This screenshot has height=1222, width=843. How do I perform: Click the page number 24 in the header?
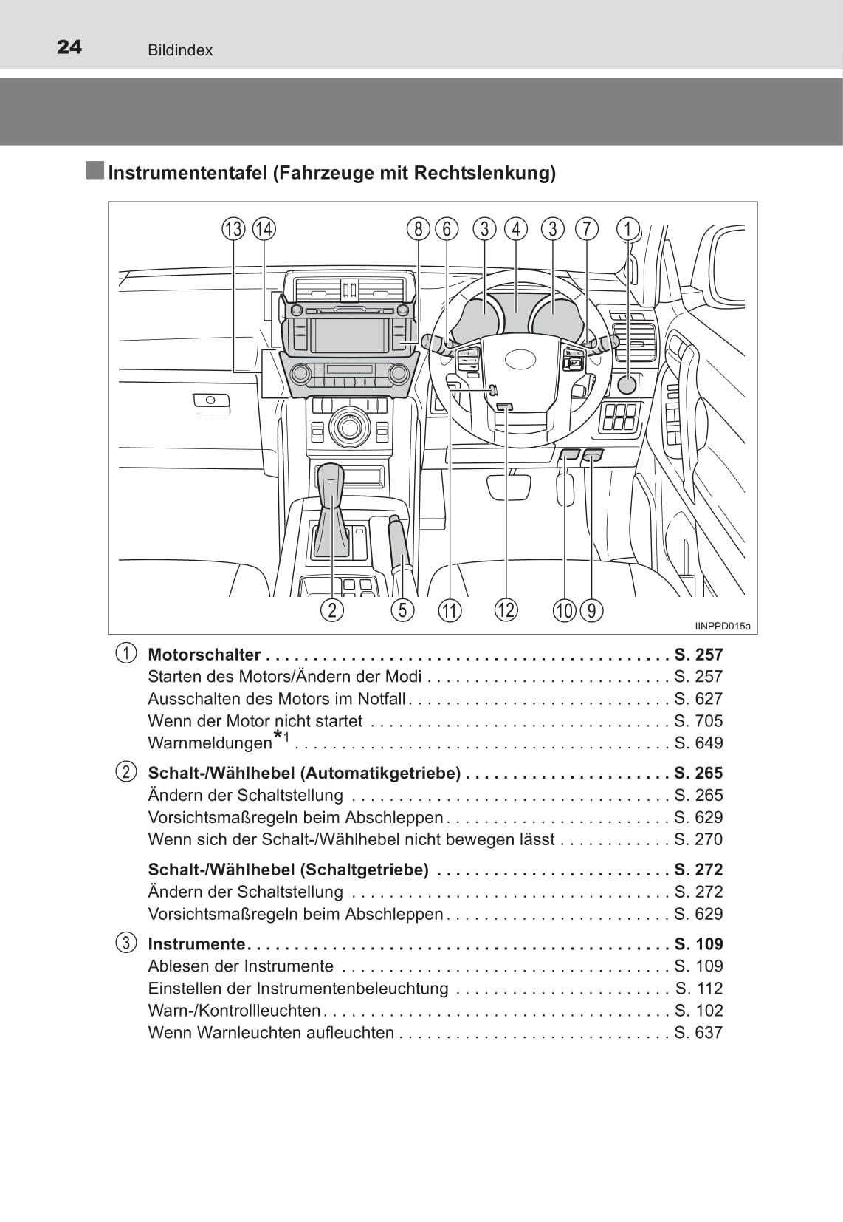point(69,47)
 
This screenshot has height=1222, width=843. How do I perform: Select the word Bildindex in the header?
point(180,50)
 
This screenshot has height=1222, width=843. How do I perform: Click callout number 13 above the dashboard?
point(234,229)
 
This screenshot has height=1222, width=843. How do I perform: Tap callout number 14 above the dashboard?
point(264,229)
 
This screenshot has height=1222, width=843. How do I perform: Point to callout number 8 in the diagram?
point(418,229)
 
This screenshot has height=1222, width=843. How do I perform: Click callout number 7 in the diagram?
point(587,229)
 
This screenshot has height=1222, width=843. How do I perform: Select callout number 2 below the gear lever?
point(332,610)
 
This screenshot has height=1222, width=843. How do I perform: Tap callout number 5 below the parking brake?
point(403,610)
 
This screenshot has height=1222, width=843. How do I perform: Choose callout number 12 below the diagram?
point(506,610)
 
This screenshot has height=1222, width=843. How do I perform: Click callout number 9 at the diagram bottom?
point(592,610)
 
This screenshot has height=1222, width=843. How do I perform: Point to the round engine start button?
point(627,385)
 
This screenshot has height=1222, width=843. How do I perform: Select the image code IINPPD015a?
point(723,627)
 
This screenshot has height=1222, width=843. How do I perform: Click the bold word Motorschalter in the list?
point(204,654)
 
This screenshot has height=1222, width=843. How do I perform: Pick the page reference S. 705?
point(698,720)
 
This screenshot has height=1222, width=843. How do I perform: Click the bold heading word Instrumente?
point(196,943)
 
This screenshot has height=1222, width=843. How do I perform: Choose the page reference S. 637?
point(698,1032)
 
